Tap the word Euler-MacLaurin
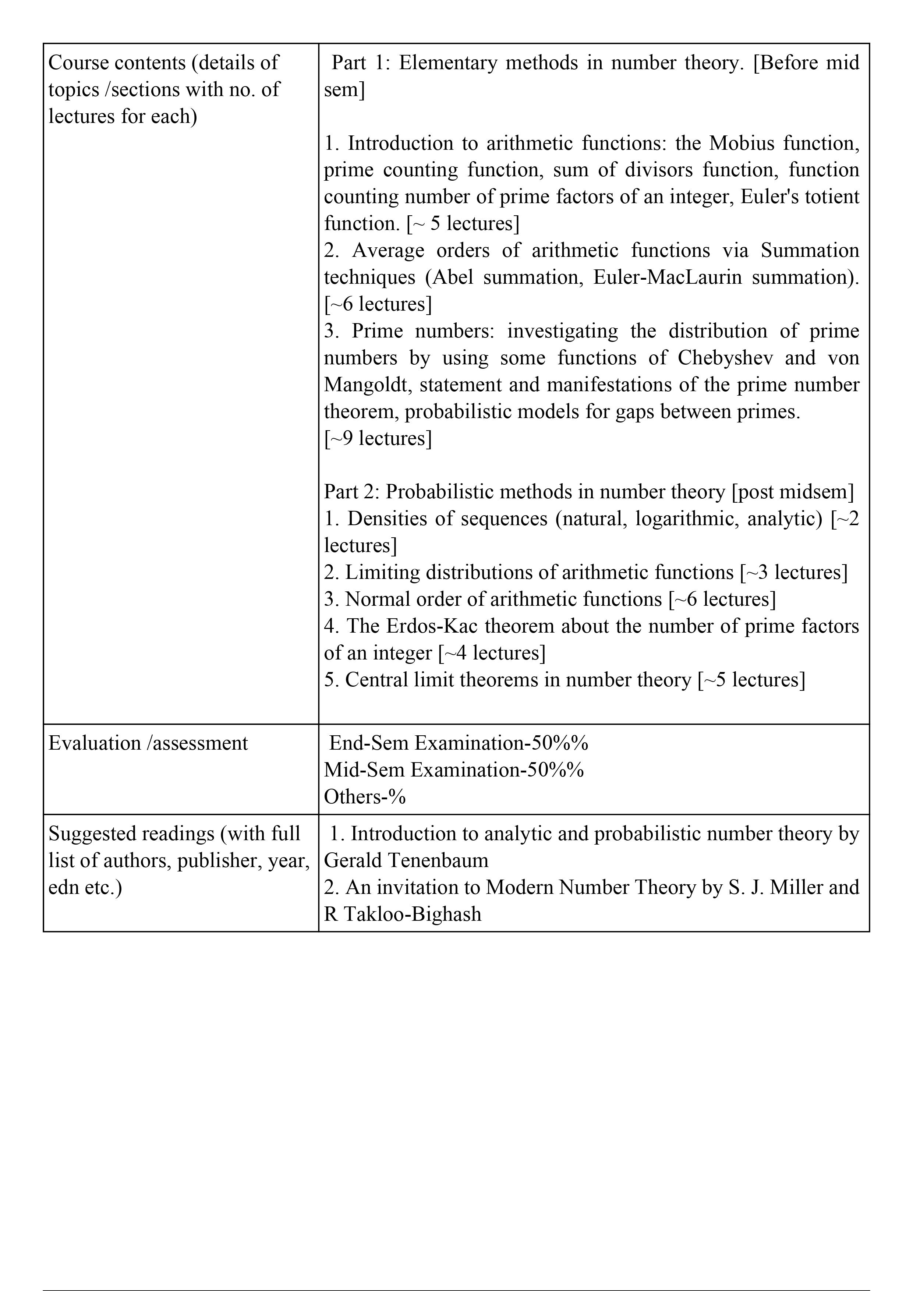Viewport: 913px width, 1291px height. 667,277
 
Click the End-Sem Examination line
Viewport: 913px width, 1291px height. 458,743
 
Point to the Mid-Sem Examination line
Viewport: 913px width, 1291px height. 454,770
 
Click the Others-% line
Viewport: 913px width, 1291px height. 365,797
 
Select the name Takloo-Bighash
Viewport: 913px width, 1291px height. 413,914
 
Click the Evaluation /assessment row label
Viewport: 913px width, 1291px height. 148,743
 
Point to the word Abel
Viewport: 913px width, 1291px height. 453,277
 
